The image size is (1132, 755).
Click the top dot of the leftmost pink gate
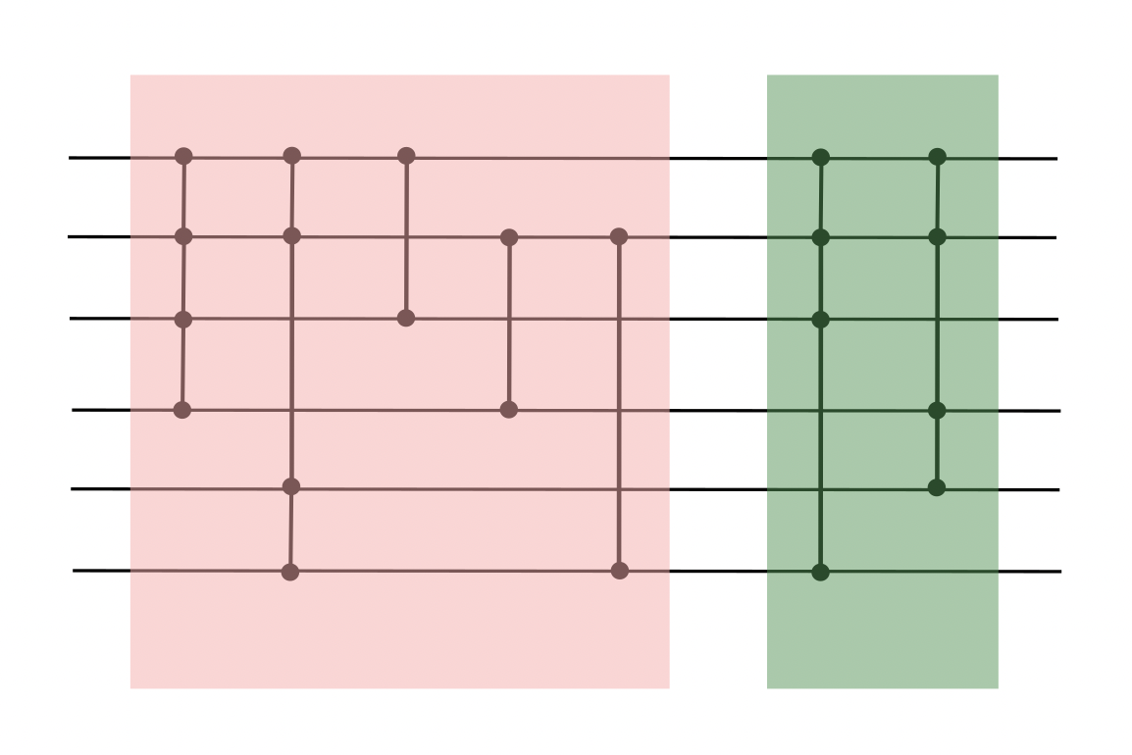click(x=182, y=156)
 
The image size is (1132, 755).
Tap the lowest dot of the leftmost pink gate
click(x=181, y=409)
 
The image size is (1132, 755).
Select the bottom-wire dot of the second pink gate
click(x=289, y=572)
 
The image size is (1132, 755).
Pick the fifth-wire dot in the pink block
click(x=290, y=486)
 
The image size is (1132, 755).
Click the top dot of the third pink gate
click(x=406, y=156)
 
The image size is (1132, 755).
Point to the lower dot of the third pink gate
click(x=406, y=318)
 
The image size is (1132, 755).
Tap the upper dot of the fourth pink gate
click(x=508, y=237)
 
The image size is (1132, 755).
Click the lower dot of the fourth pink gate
click(x=508, y=409)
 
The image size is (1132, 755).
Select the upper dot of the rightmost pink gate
click(x=618, y=236)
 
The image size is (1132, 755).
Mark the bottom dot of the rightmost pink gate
click(x=619, y=571)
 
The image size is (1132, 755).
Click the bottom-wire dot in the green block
click(x=821, y=572)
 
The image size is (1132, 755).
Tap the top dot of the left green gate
click(x=822, y=157)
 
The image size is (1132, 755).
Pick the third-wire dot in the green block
click(x=822, y=319)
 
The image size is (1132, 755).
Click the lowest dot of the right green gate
click(x=937, y=487)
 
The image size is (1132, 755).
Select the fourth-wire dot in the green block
click(x=937, y=410)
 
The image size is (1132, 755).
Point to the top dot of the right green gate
click(x=937, y=156)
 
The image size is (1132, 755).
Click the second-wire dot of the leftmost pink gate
click(x=182, y=236)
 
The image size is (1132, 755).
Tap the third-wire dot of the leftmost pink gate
click(x=182, y=319)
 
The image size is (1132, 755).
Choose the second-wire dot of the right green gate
click(x=937, y=236)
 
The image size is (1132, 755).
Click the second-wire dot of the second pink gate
click(x=291, y=235)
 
